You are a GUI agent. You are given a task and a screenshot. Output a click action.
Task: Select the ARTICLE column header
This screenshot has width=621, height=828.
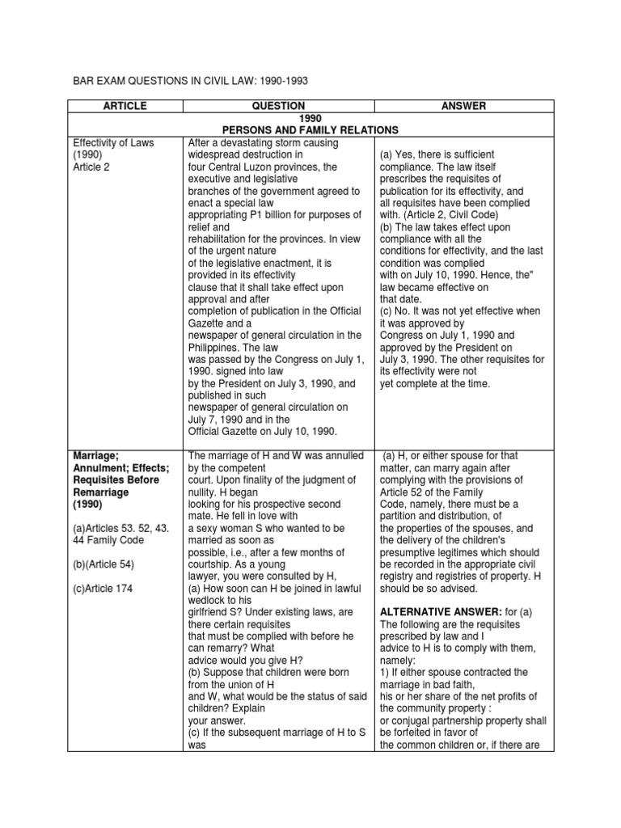[x=125, y=106]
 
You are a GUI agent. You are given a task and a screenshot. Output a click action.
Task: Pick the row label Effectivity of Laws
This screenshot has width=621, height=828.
[x=113, y=142]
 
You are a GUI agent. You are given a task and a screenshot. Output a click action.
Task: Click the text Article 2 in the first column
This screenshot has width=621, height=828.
[x=91, y=167]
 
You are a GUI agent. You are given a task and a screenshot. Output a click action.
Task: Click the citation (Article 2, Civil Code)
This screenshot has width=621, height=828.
[x=454, y=215]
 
